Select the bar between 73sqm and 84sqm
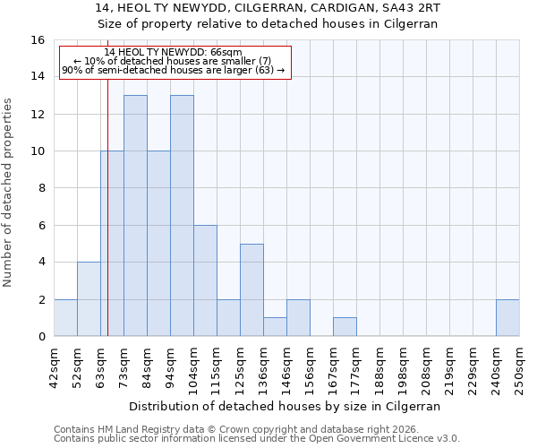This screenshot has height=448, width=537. pyautogui.click(x=135, y=215)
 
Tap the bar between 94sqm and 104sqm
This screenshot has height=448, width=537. pyautogui.click(x=182, y=215)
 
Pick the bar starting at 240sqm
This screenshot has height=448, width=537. pyautogui.click(x=507, y=318)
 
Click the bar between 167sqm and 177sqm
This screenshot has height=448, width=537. pyautogui.click(x=345, y=327)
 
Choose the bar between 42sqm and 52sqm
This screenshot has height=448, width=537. pyautogui.click(x=65, y=318)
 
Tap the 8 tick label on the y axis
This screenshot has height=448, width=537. pyautogui.click(x=41, y=188)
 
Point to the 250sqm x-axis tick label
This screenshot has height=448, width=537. pyautogui.click(x=520, y=365)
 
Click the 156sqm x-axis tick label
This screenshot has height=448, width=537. pyautogui.click(x=311, y=365)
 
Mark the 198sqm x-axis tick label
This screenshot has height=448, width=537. pyautogui.click(x=404, y=365)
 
